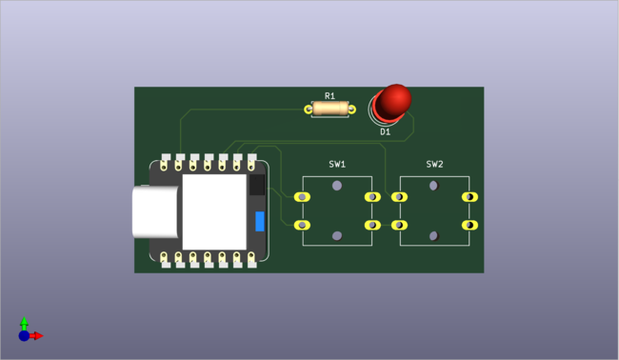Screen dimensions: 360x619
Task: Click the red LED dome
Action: pyautogui.click(x=392, y=99)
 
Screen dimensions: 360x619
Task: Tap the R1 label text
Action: pyautogui.click(x=329, y=96)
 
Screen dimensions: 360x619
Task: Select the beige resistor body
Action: pyautogui.click(x=329, y=110)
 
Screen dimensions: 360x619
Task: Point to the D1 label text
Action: pyautogui.click(x=386, y=132)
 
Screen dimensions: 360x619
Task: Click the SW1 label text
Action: pyautogui.click(x=337, y=164)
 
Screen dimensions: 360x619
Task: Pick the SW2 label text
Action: pyautogui.click(x=434, y=164)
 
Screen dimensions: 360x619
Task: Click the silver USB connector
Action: pyautogui.click(x=155, y=211)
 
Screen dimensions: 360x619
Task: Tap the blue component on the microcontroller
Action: pyautogui.click(x=259, y=222)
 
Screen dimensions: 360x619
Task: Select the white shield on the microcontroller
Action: pyautogui.click(x=213, y=211)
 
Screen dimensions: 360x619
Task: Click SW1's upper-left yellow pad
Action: pyautogui.click(x=303, y=197)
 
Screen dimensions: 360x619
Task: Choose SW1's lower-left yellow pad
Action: pyautogui.click(x=303, y=225)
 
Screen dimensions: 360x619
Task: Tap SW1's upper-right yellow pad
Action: pyautogui.click(x=370, y=197)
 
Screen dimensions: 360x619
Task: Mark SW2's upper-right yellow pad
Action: pyautogui.click(x=469, y=197)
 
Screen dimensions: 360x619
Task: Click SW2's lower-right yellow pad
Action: pyautogui.click(x=469, y=225)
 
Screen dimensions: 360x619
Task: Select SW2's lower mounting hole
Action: pyautogui.click(x=434, y=235)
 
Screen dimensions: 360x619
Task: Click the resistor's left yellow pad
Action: pyautogui.click(x=309, y=110)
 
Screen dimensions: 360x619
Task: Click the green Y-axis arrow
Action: pyautogui.click(x=25, y=322)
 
